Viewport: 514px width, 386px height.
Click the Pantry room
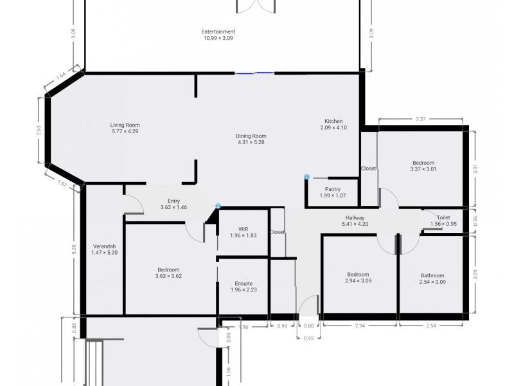click(x=333, y=192)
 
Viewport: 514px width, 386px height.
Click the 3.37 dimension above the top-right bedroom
click(x=421, y=119)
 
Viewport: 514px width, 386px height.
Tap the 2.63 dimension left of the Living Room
click(x=39, y=129)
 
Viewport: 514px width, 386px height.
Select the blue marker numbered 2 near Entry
click(x=218, y=207)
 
